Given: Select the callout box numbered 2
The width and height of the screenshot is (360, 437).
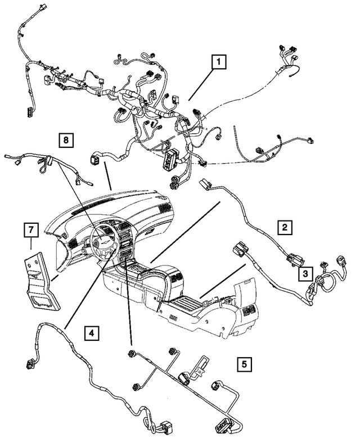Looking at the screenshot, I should pos(285,227).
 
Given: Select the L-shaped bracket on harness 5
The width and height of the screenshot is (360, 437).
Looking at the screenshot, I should pos(198,365).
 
